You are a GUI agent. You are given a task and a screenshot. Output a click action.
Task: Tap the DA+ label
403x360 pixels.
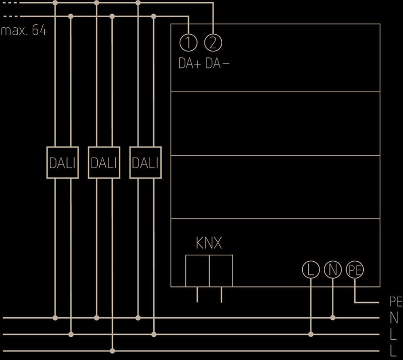[189, 64]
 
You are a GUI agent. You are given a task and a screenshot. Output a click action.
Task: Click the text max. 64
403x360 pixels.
[24, 31]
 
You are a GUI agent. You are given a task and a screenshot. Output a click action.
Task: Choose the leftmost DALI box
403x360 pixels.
[62, 163]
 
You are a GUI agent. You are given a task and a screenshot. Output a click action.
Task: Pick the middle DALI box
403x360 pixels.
[104, 163]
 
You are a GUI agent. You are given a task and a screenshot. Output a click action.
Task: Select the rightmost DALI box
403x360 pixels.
[145, 163]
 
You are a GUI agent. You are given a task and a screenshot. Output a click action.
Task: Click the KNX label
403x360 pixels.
[209, 244]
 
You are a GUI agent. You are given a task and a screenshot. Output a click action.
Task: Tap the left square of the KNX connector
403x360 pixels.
[197, 271]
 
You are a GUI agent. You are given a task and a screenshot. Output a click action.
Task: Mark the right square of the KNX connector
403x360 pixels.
[221, 271]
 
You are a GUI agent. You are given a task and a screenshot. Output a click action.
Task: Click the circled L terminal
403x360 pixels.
[311, 270]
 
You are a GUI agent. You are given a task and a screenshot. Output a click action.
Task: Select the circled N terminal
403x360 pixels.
[332, 270]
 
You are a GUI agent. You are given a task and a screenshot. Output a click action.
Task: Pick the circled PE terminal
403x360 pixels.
[355, 270]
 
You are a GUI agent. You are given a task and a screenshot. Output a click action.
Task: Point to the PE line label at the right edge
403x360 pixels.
[395, 302]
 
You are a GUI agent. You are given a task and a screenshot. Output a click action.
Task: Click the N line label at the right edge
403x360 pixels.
[394, 318]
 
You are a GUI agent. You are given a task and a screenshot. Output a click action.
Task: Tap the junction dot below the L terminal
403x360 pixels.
[311, 334]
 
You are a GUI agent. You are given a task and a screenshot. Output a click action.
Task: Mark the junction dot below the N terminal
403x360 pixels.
[332, 318]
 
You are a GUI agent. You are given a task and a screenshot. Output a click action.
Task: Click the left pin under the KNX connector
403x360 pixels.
[197, 295]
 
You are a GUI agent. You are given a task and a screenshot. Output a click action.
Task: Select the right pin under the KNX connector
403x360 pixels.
[221, 295]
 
